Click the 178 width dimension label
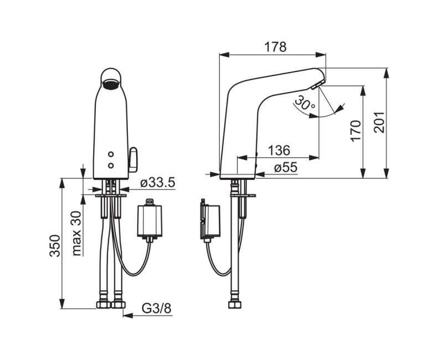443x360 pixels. click(x=275, y=47)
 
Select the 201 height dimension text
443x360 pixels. click(x=379, y=122)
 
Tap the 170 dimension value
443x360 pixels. click(x=356, y=131)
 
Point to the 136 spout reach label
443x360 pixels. click(x=279, y=150)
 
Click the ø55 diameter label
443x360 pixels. click(x=286, y=168)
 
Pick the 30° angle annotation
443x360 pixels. click(x=305, y=103)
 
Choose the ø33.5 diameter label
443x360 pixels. click(x=158, y=183)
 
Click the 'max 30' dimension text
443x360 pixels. click(x=77, y=233)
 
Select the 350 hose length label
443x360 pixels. click(x=55, y=245)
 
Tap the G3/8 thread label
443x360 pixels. click(x=156, y=308)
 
